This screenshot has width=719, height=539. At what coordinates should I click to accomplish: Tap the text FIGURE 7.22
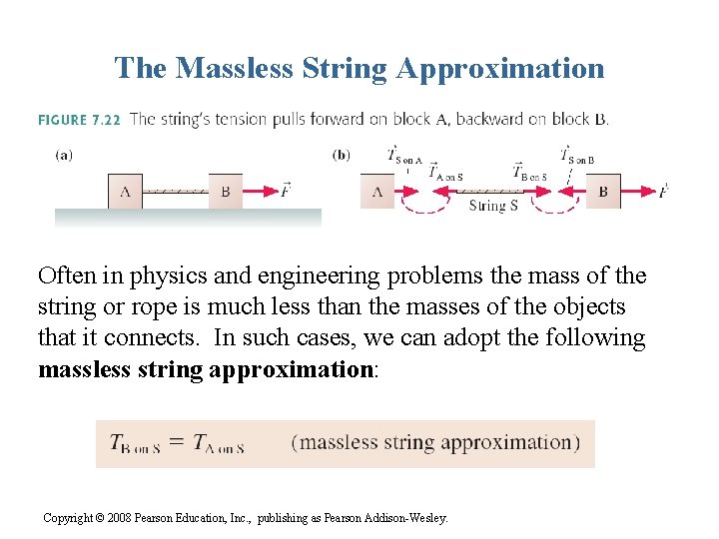click(x=79, y=120)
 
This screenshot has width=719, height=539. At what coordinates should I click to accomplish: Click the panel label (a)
click(x=63, y=155)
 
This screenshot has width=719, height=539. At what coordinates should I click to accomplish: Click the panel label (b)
click(x=341, y=155)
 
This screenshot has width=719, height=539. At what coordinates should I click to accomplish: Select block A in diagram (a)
click(x=125, y=192)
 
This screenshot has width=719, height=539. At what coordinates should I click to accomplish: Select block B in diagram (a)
click(x=226, y=192)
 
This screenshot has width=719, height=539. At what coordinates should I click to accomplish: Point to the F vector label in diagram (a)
click(x=286, y=189)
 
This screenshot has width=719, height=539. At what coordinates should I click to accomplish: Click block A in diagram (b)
click(x=376, y=191)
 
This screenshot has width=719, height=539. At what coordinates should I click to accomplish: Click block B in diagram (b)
click(x=602, y=191)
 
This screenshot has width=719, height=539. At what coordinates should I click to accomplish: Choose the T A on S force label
click(x=445, y=173)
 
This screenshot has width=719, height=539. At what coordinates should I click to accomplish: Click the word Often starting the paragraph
click(x=66, y=276)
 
